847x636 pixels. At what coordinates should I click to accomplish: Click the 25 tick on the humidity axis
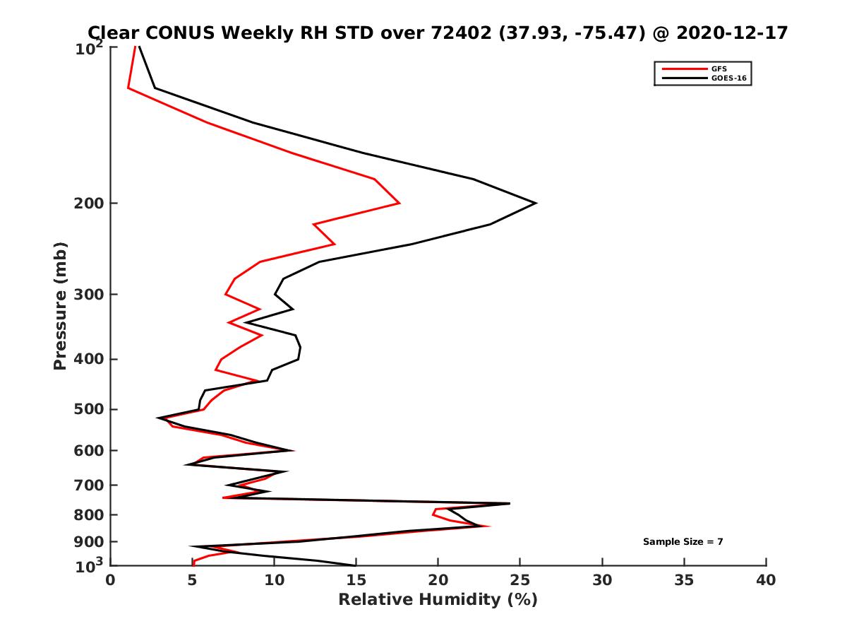pyautogui.click(x=520, y=580)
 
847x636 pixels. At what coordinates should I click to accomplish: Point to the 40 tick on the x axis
pyautogui.click(x=766, y=580)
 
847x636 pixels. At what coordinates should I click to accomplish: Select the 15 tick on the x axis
pyautogui.click(x=356, y=580)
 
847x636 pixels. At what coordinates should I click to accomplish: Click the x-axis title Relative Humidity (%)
pyautogui.click(x=438, y=600)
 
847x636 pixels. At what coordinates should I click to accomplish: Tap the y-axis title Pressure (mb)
pyautogui.click(x=60, y=306)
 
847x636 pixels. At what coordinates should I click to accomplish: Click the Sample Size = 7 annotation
pyautogui.click(x=683, y=542)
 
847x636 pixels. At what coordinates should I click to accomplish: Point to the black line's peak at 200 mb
pyautogui.click(x=536, y=204)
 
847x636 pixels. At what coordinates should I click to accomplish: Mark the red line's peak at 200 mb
pyautogui.click(x=400, y=204)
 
